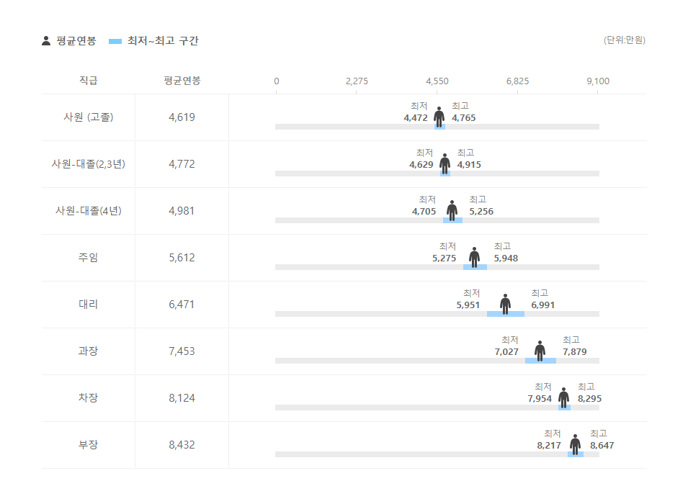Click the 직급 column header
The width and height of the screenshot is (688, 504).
[x=88, y=81]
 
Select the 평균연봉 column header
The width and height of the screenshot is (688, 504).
[x=182, y=81]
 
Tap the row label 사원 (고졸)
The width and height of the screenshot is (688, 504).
[x=88, y=117]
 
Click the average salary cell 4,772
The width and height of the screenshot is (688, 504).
[x=182, y=164]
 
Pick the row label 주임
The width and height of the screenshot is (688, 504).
[x=88, y=258]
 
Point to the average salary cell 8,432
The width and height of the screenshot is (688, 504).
[x=182, y=445]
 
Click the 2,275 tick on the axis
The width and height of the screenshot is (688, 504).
[x=357, y=81]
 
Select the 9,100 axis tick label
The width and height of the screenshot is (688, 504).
[x=598, y=81]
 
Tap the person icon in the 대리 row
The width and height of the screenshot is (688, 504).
[x=506, y=304]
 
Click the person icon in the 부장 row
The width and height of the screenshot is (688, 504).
[x=575, y=444]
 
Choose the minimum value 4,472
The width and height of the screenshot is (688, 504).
[x=416, y=118]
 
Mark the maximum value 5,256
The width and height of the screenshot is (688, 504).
[x=481, y=212]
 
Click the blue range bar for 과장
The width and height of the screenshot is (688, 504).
[x=540, y=361]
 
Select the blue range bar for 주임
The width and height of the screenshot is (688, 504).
[x=475, y=267]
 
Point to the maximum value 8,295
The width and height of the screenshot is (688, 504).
[x=589, y=399]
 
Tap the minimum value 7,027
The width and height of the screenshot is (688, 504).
[x=506, y=352]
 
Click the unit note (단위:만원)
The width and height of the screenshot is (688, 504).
[x=624, y=40]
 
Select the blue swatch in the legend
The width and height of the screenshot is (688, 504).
[x=115, y=41]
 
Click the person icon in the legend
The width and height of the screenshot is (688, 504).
[x=46, y=41]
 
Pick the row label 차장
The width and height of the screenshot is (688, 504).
[x=88, y=398]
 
